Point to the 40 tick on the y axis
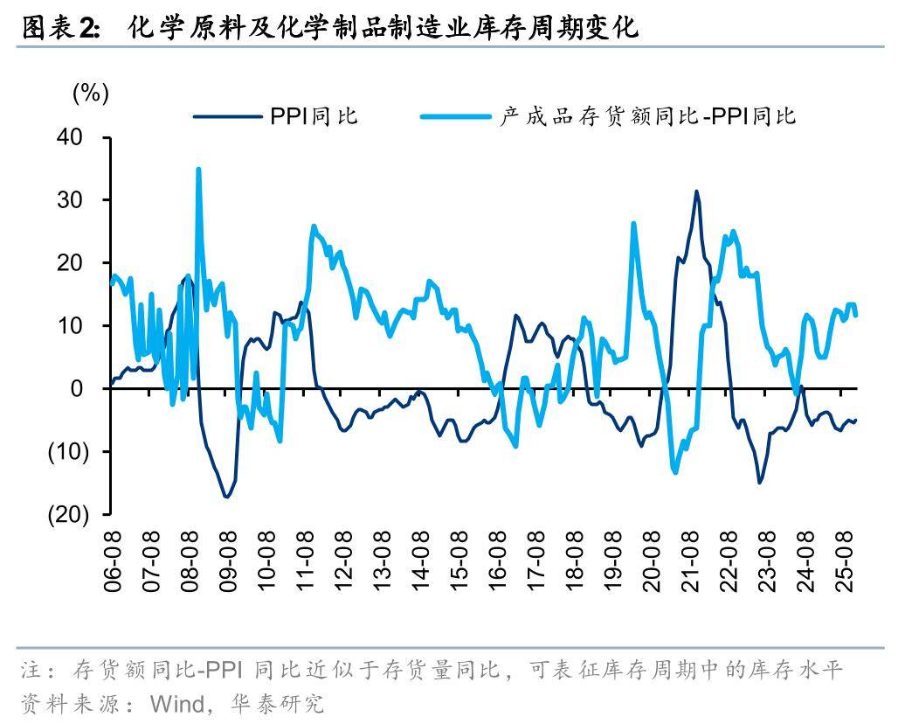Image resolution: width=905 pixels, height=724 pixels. coord(69,137)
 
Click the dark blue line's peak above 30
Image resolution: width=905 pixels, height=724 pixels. coord(696,191)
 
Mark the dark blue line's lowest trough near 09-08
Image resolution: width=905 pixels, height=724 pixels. coord(227,497)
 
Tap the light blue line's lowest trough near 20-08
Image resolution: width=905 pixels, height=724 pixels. coord(675,472)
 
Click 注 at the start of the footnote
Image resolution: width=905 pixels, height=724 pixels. coord(30,672)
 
